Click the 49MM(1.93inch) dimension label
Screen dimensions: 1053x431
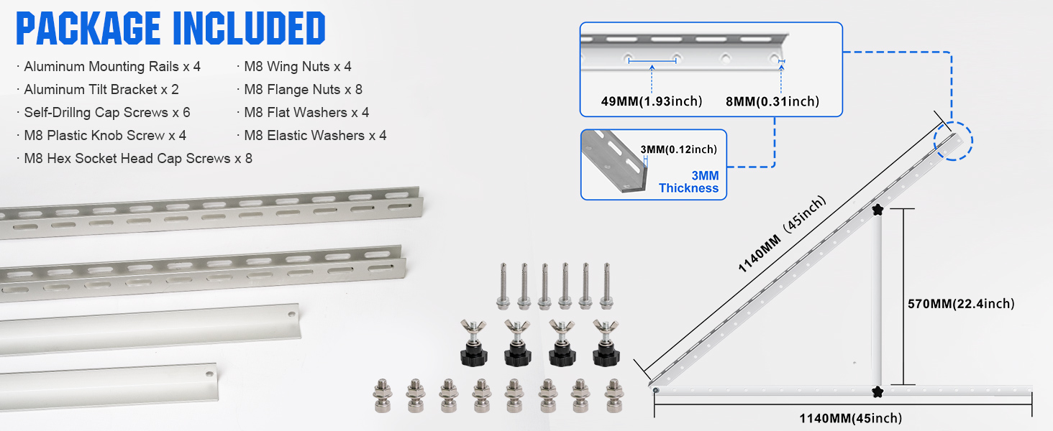tap(652, 101)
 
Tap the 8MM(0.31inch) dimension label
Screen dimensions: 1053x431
tap(772, 101)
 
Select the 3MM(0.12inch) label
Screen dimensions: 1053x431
tap(678, 149)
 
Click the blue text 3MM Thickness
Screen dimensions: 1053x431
tap(688, 182)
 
